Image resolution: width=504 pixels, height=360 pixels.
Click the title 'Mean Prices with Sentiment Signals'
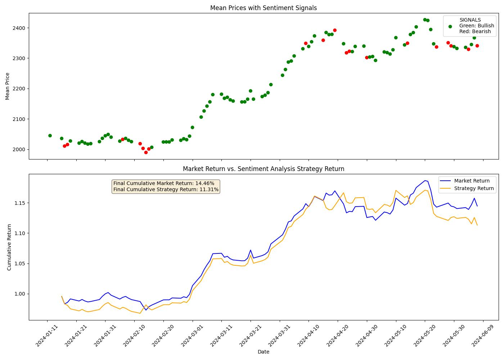pos(263,8)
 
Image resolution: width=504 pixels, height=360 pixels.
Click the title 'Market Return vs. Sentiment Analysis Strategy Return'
pos(263,169)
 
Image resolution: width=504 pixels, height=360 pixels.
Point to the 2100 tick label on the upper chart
pos(20,119)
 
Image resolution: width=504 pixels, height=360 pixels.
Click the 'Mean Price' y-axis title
pos(8,86)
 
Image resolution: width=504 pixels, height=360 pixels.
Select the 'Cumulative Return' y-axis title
pos(9,247)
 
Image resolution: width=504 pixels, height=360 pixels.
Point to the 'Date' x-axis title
pos(263,352)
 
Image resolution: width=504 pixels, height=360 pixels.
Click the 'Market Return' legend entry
pos(472,181)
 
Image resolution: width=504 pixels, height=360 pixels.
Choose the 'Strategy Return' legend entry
pos(474,188)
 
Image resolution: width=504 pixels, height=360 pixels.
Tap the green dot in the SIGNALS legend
pos(450,26)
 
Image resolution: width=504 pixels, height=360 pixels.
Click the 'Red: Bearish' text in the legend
pos(475,31)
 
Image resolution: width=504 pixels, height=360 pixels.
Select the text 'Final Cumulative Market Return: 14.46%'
pos(164,183)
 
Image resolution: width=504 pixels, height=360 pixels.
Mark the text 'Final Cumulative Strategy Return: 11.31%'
pos(166,189)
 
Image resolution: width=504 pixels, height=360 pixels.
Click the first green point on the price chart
pos(50,136)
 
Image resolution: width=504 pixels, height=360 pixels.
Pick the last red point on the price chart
pos(477,46)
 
